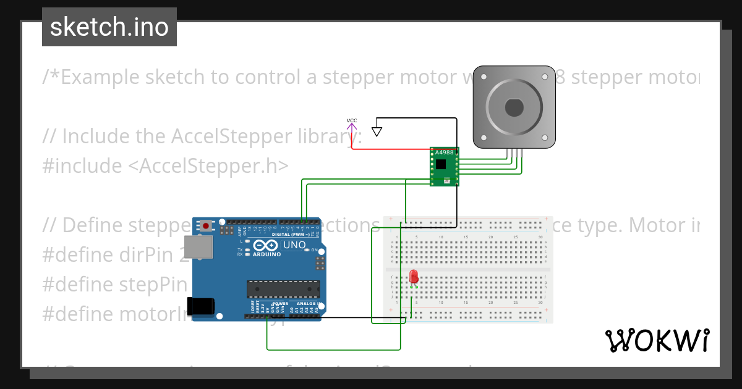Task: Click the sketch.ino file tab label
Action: (x=109, y=27)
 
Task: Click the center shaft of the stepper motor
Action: (x=514, y=107)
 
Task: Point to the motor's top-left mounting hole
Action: (x=484, y=77)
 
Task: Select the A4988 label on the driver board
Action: (x=444, y=153)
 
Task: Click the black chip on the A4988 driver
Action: (x=441, y=164)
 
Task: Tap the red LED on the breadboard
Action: (x=414, y=277)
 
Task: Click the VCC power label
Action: (x=352, y=120)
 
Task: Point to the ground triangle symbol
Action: (x=377, y=132)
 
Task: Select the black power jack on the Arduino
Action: (x=202, y=306)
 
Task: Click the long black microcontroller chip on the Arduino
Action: (x=283, y=289)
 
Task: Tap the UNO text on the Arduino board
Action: (x=294, y=245)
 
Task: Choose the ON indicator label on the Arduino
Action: (x=313, y=249)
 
